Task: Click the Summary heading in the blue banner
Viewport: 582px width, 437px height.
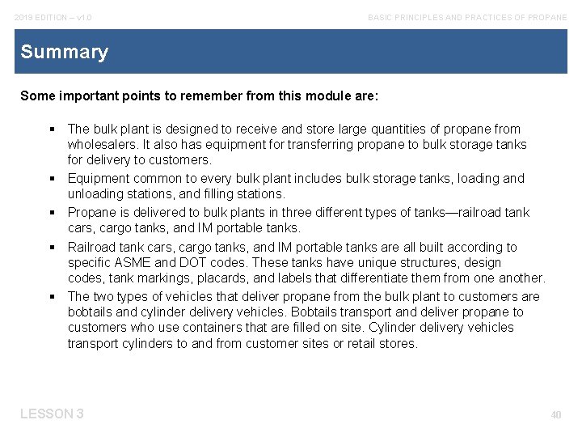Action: click(64, 53)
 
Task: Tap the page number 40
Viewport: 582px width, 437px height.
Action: click(555, 415)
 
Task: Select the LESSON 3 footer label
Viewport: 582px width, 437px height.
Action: click(52, 414)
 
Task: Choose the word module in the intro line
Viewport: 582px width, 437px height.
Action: click(312, 95)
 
